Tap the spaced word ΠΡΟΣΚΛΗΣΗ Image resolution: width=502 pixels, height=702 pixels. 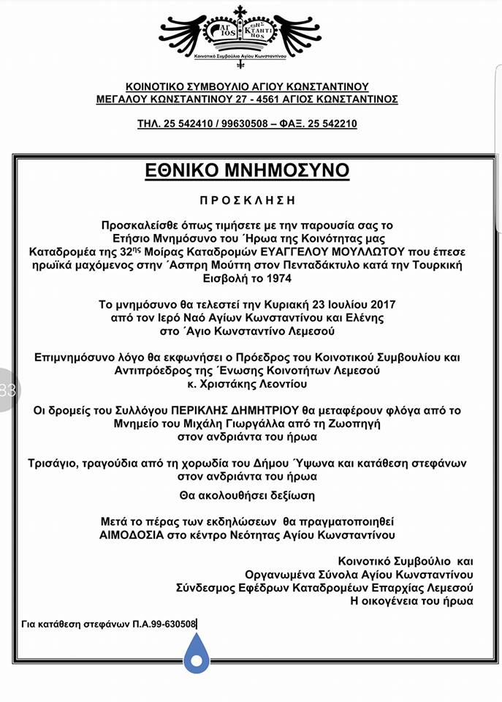pos(250,200)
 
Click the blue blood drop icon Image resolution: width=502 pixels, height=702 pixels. pos(196,653)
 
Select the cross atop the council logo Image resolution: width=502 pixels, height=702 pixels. pos(240,12)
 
